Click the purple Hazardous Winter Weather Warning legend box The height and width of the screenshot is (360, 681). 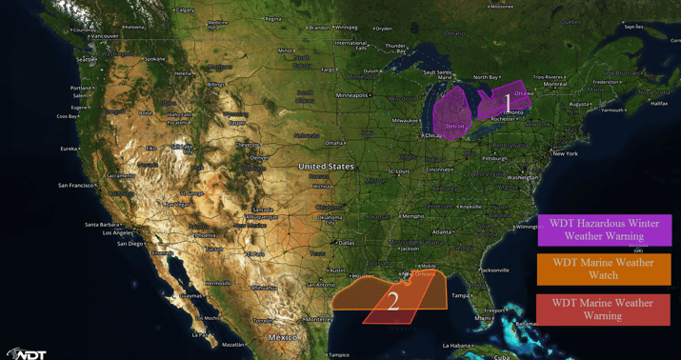(x=604, y=230)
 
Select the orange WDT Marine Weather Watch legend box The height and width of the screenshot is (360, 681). (x=604, y=269)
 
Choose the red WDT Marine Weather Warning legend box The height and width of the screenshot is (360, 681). (x=604, y=309)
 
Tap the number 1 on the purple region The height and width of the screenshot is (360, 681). (x=506, y=99)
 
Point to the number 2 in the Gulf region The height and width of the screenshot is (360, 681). (x=392, y=302)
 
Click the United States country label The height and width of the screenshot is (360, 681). (x=326, y=167)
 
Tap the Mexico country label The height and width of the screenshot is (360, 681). (x=283, y=337)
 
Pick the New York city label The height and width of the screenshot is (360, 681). (x=565, y=153)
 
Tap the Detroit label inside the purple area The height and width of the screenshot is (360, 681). (x=455, y=126)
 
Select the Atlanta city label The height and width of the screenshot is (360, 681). (x=441, y=231)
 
